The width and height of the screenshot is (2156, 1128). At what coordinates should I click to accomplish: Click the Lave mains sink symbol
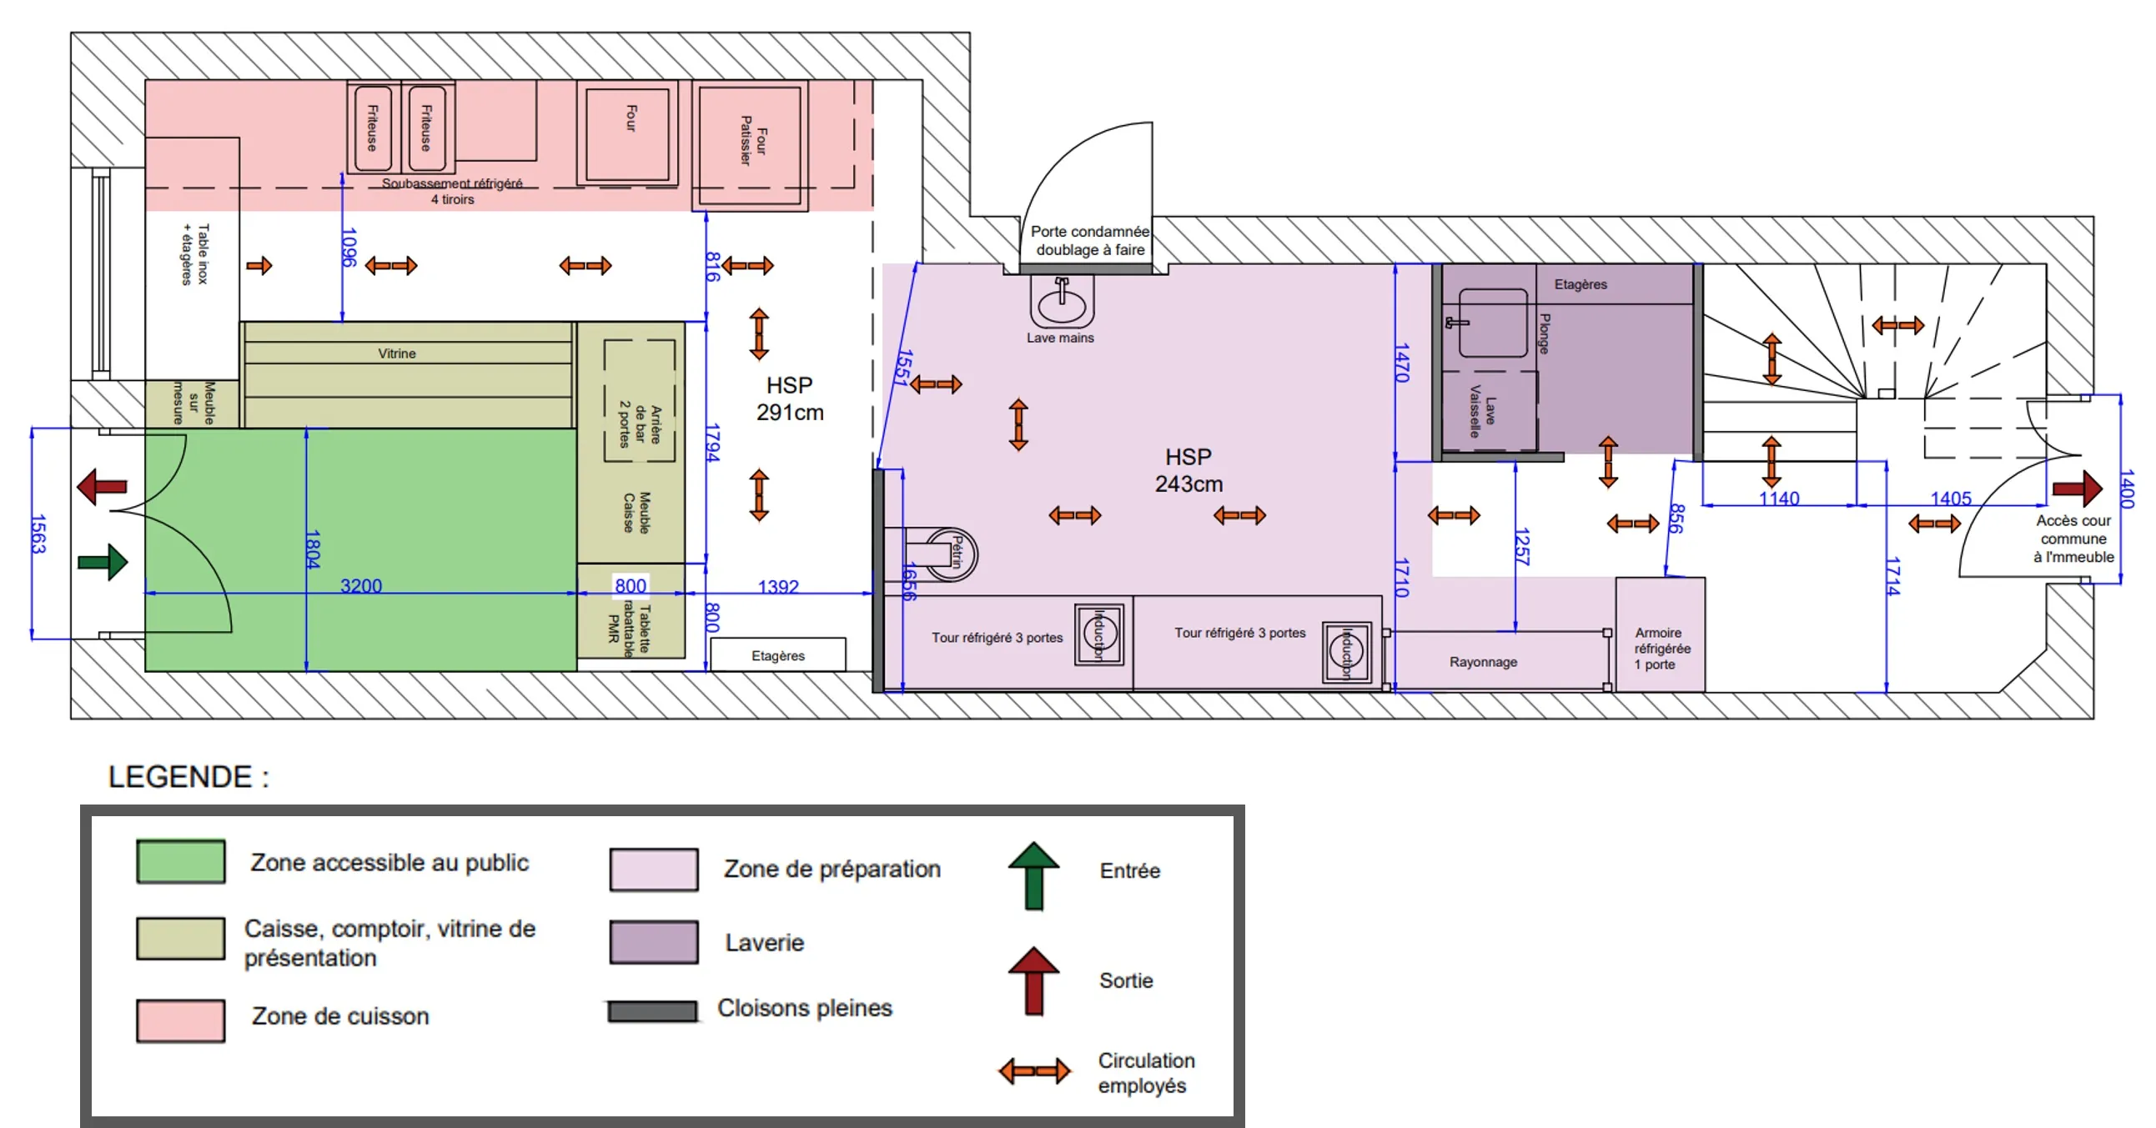click(x=1061, y=303)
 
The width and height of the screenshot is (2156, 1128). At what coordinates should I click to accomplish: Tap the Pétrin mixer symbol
click(x=953, y=553)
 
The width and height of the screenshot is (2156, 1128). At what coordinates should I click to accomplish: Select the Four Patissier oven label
click(x=752, y=140)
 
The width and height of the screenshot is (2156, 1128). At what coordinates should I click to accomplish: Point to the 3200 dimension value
click(x=361, y=586)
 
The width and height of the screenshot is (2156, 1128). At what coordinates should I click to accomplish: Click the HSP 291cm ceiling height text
click(x=789, y=399)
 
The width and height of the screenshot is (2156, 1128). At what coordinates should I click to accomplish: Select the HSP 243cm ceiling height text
click(x=1188, y=470)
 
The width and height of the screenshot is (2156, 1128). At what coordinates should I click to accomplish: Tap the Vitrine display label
click(x=397, y=353)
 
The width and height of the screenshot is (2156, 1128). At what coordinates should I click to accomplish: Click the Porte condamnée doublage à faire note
click(x=1089, y=240)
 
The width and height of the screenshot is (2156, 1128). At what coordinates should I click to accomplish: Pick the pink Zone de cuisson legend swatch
click(x=180, y=1020)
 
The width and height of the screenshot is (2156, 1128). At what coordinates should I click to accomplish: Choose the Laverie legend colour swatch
click(x=654, y=942)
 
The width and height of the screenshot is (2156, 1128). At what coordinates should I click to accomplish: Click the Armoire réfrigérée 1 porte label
click(x=1661, y=649)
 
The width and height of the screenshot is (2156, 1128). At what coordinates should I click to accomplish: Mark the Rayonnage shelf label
click(x=1482, y=662)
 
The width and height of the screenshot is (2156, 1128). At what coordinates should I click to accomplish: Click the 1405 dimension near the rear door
click(x=1950, y=499)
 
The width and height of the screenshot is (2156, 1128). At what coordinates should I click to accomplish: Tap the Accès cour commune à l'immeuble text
click(x=2073, y=539)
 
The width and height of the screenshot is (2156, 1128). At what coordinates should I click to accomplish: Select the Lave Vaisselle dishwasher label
click(x=1481, y=411)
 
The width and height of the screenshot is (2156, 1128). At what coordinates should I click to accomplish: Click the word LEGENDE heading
click(x=180, y=776)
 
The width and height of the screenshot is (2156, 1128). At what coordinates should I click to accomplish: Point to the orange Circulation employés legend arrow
click(x=1033, y=1071)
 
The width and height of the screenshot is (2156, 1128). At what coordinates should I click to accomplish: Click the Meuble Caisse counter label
click(x=636, y=512)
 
